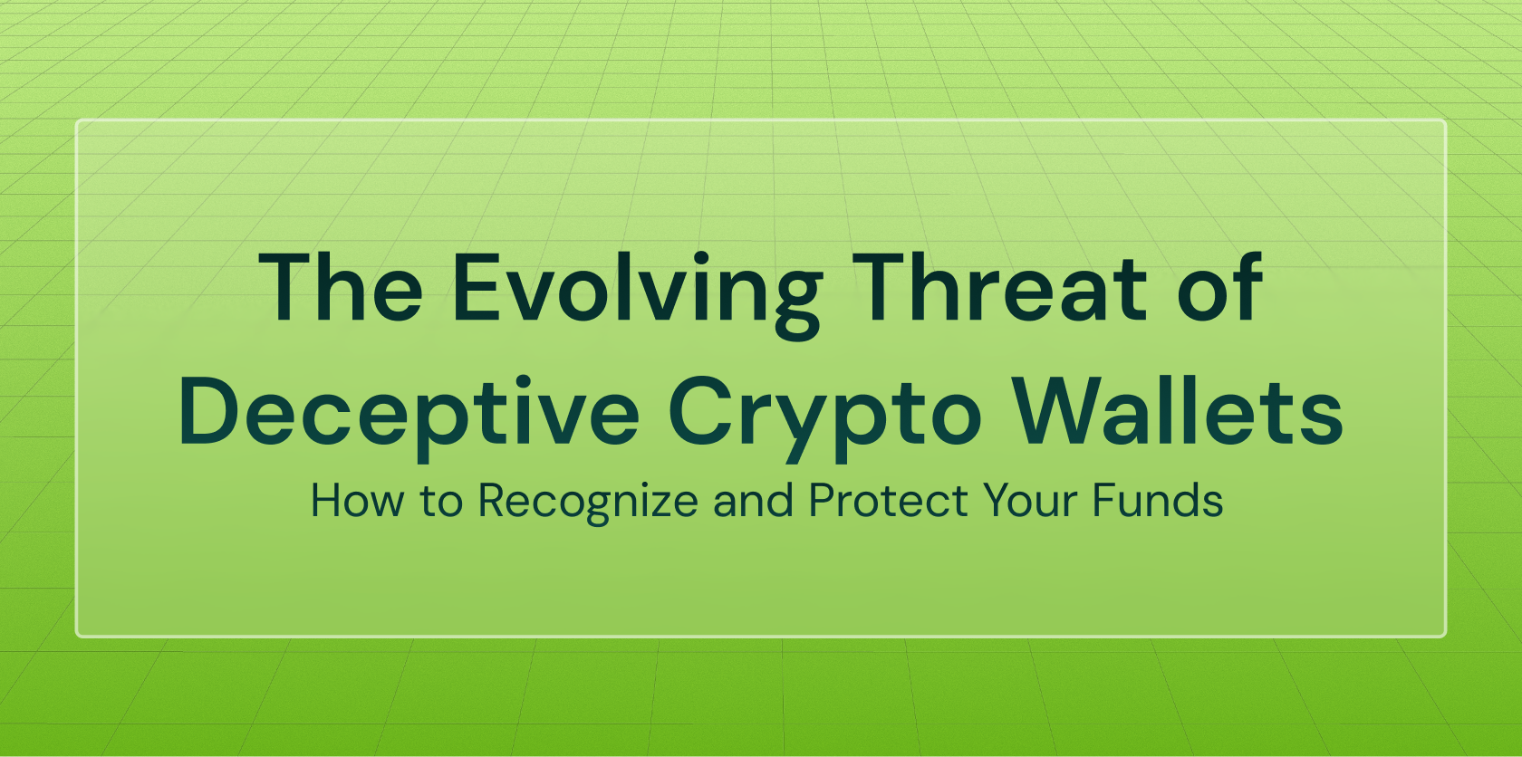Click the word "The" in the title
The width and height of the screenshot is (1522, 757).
coord(341,287)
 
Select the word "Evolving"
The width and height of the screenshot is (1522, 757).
coord(637,295)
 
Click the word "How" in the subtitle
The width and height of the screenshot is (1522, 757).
coord(357,501)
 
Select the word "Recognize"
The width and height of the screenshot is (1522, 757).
coord(589,503)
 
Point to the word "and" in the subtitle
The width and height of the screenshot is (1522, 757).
coord(753,501)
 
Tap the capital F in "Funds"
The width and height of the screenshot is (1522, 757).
coord(1104,501)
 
